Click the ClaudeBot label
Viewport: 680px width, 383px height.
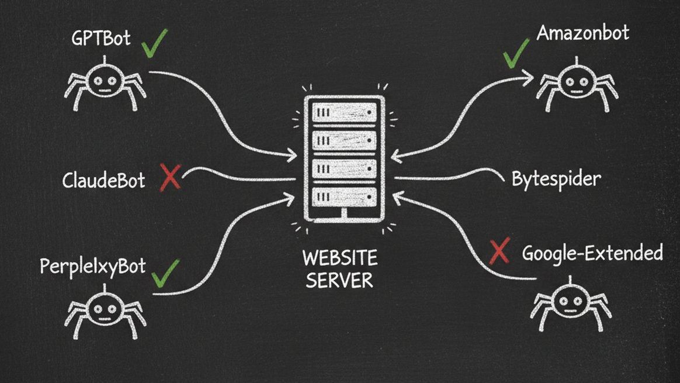[x=103, y=180]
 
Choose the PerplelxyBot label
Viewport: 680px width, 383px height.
[x=92, y=267]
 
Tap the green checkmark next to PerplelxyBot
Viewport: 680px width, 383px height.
[x=165, y=273]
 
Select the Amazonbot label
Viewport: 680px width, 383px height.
[x=582, y=33]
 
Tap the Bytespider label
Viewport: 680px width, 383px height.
[x=556, y=178]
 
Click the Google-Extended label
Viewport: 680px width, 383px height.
[x=592, y=253]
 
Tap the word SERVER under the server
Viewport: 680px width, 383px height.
[x=340, y=280]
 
